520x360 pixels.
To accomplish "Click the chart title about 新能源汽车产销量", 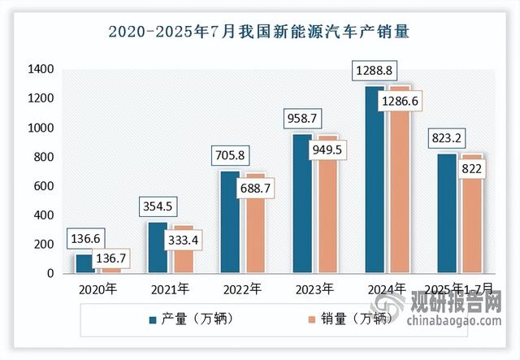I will [260, 33].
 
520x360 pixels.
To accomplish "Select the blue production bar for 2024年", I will [375, 179].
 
